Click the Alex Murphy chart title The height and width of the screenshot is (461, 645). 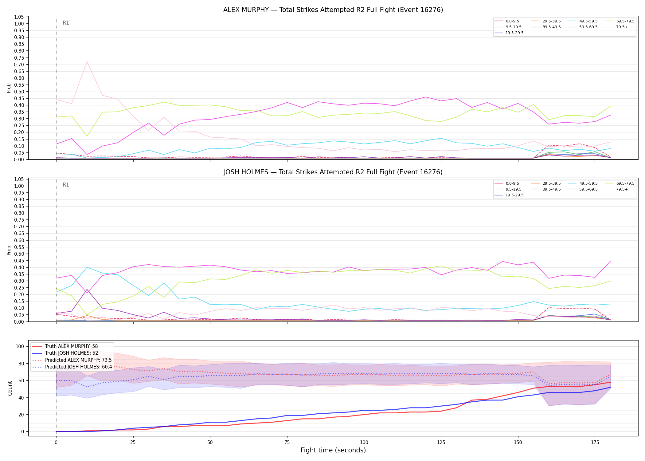coord(333,10)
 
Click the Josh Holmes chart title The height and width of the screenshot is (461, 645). coord(333,172)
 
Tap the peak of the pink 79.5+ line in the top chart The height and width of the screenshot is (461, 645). coord(87,62)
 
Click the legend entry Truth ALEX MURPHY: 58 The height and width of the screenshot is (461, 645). coord(65,346)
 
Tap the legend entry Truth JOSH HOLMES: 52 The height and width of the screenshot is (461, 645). coord(65,353)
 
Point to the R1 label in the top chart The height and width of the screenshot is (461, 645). coord(66,23)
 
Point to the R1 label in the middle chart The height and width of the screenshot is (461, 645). coord(66,185)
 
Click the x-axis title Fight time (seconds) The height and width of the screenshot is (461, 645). coord(333,450)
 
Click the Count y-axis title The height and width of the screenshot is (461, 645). coord(10,388)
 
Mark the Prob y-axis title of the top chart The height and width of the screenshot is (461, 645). coord(9,88)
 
